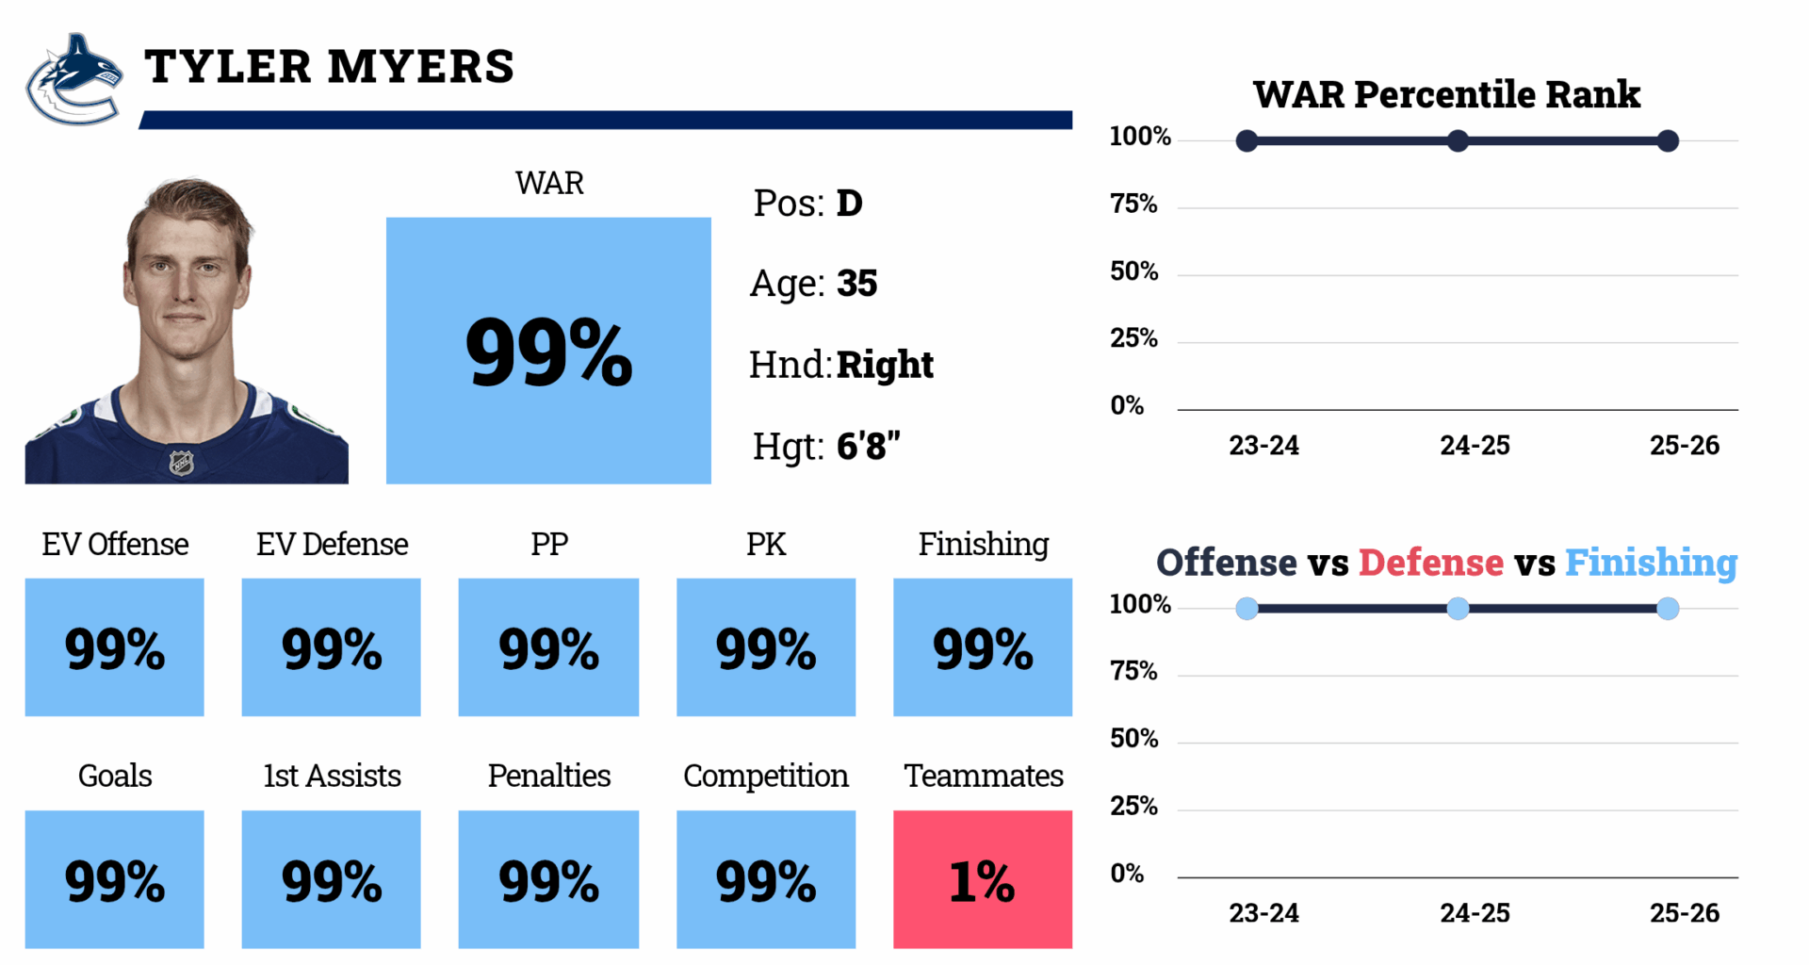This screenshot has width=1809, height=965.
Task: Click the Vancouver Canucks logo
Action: pyautogui.click(x=73, y=80)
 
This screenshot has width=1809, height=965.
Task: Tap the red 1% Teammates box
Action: pyautogui.click(x=982, y=878)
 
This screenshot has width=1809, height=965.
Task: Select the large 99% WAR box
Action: pyautogui.click(x=548, y=351)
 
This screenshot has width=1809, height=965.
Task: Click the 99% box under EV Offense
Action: pyautogui.click(x=114, y=646)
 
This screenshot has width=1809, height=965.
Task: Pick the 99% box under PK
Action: pyautogui.click(x=765, y=646)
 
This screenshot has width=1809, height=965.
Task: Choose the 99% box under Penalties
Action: pyautogui.click(x=548, y=878)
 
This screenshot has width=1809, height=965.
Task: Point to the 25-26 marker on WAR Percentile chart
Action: pyautogui.click(x=1667, y=141)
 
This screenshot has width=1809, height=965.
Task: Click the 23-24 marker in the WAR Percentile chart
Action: pyautogui.click(x=1247, y=141)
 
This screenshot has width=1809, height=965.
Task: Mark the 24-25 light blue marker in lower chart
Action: pyautogui.click(x=1458, y=609)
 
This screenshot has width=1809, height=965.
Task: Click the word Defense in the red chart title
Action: pyautogui.click(x=1430, y=563)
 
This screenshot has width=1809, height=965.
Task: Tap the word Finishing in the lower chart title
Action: pyautogui.click(x=1651, y=563)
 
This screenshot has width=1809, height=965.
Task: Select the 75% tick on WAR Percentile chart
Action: pyautogui.click(x=1133, y=204)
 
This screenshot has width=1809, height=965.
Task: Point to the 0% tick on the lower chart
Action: pyautogui.click(x=1127, y=874)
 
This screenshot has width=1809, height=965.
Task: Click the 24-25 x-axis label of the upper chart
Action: pyautogui.click(x=1475, y=446)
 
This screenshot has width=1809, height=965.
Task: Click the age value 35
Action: pyautogui.click(x=856, y=284)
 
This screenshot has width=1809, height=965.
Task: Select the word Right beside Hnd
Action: pyautogui.click(x=885, y=365)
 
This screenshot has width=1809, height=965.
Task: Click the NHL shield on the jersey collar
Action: pyautogui.click(x=181, y=463)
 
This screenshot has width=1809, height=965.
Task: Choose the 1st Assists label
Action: pyautogui.click(x=332, y=776)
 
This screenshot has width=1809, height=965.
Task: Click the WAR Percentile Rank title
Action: pyautogui.click(x=1446, y=94)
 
